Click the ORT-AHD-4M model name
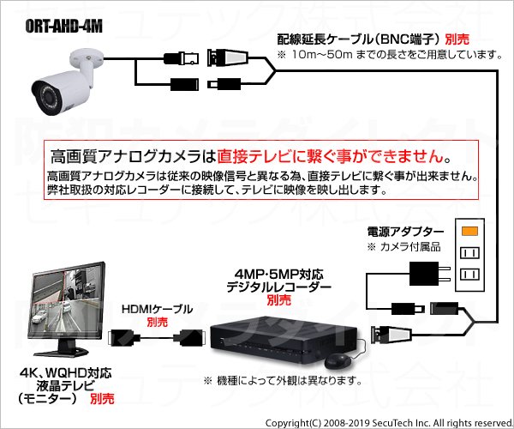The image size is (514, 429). (63, 27)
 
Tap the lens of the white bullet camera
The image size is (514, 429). (50, 97)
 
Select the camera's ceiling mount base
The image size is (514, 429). (86, 57)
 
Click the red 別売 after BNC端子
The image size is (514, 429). (457, 39)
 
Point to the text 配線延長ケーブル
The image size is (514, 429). (326, 39)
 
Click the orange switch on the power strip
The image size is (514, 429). (469, 231)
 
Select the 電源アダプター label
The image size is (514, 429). (405, 232)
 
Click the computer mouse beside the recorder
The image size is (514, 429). (338, 360)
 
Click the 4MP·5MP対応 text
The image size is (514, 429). (279, 275)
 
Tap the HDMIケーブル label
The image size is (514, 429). (157, 309)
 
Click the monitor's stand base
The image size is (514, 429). (62, 352)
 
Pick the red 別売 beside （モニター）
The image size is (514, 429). (102, 399)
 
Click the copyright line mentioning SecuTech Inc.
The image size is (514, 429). (389, 423)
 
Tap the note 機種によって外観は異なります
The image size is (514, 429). (283, 381)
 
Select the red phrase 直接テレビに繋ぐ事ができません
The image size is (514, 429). (331, 156)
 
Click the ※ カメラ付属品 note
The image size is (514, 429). (403, 247)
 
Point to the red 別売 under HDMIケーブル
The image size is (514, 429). (157, 322)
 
